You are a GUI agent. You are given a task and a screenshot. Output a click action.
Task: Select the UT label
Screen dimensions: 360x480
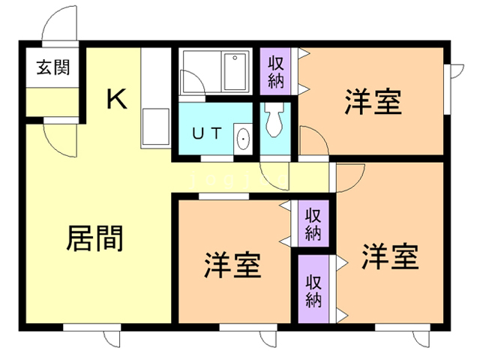pos(207,134)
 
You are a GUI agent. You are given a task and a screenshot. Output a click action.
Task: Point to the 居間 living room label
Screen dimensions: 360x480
pos(95,238)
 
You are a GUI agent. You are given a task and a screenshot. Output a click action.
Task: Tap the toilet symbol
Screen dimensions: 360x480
pos(271,119)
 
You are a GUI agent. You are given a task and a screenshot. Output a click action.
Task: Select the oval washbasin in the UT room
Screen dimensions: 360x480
pos(242,139)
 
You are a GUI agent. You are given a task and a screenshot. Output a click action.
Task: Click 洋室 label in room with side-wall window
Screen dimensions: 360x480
pos(373,102)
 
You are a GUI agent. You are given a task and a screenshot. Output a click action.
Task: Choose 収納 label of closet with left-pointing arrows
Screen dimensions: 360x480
pos(313,222)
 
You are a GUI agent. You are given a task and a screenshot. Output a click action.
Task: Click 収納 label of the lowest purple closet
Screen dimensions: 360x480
pos(313,290)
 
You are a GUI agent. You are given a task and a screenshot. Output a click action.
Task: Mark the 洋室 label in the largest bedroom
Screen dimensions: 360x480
pos(390,257)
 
